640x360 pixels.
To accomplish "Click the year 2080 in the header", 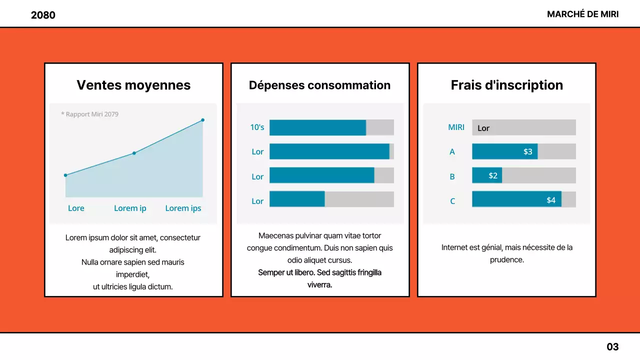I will tap(43, 15).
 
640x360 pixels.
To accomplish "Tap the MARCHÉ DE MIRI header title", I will tap(582, 14).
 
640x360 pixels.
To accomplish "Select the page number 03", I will tap(612, 346).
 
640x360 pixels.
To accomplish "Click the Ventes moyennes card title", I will tap(133, 85).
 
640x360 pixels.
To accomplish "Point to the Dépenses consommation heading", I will tap(319, 85).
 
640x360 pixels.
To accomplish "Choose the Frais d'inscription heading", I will tap(506, 85).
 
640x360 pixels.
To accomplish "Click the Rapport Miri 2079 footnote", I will tap(89, 114).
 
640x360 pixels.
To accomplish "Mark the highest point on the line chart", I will tap(202, 120).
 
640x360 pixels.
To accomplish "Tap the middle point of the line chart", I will tap(134, 153).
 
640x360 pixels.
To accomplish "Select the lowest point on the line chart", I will tap(65, 175).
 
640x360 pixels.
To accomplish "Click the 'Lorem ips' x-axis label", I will tap(183, 208).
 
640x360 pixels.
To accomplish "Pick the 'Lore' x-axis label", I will tap(76, 208).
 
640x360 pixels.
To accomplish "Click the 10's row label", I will tap(257, 127).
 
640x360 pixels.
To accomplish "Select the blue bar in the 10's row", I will tap(317, 127).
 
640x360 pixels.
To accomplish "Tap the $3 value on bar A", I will tap(527, 151).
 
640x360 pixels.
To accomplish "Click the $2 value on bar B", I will tap(493, 175).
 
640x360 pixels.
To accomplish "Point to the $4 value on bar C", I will tap(550, 200).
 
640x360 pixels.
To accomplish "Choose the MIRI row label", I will tap(456, 127).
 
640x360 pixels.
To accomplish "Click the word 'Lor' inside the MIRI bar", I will tap(483, 128).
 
